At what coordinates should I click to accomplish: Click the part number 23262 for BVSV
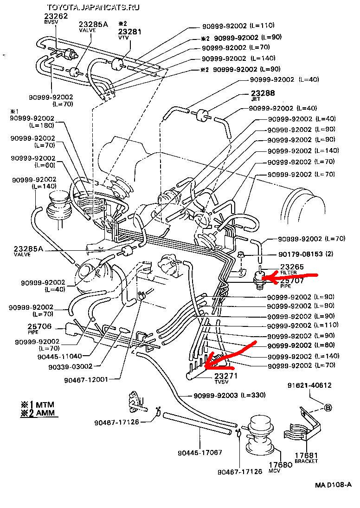pyautogui.click(x=56, y=16)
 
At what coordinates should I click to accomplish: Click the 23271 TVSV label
pyautogui.click(x=226, y=376)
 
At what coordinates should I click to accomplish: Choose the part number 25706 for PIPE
pyautogui.click(x=39, y=326)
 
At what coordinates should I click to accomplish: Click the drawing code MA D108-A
pyautogui.click(x=334, y=485)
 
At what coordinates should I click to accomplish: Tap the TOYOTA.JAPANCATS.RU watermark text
pyautogui.click(x=93, y=7)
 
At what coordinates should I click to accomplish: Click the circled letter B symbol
pyautogui.click(x=328, y=408)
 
